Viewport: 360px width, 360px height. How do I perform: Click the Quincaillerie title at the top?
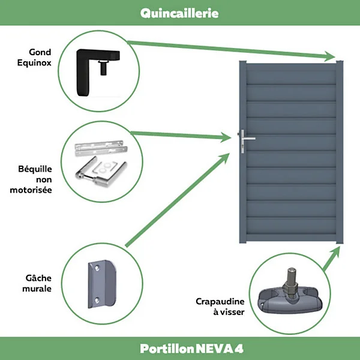pyautogui.click(x=179, y=13)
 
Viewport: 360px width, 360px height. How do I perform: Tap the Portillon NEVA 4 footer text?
pyautogui.click(x=191, y=349)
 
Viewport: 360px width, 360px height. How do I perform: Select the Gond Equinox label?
pyautogui.click(x=34, y=58)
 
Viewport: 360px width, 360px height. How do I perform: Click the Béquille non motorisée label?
pyautogui.click(x=31, y=179)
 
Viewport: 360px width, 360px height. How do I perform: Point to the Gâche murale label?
pyautogui.click(x=37, y=283)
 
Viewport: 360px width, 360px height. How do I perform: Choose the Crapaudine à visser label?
pyautogui.click(x=220, y=307)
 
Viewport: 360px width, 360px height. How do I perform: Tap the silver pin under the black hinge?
pyautogui.click(x=103, y=68)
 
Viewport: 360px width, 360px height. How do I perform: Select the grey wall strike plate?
pyautogui.click(x=102, y=284)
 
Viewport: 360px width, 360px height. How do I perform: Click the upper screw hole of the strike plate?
pyautogui.click(x=97, y=268)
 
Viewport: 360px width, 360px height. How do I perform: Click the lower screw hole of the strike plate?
pyautogui.click(x=97, y=300)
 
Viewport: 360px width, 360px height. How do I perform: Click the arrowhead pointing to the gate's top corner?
pyautogui.click(x=329, y=56)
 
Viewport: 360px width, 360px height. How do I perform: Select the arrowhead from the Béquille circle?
pyautogui.click(x=226, y=137)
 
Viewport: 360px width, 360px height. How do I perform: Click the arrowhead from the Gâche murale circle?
pyautogui.click(x=224, y=158)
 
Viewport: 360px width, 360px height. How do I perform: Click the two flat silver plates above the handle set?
pyautogui.click(x=101, y=148)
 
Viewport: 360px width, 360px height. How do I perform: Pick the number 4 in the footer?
pyautogui.click(x=239, y=349)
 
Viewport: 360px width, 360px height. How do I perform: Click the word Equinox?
pyautogui.click(x=34, y=62)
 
